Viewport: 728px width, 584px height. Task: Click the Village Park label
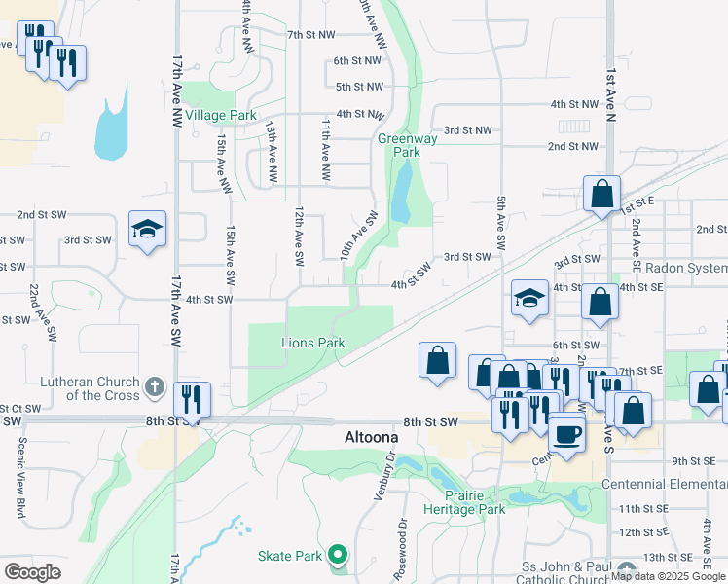click(x=221, y=115)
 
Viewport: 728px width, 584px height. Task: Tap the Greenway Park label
click(x=399, y=145)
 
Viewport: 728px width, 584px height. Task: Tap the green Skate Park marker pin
click(x=338, y=555)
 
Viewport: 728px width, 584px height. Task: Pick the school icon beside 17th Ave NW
click(x=148, y=230)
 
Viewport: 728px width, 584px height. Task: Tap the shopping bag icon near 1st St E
click(x=602, y=194)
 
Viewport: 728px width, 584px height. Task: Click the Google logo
click(x=32, y=572)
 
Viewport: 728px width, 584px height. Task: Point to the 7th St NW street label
click(x=310, y=35)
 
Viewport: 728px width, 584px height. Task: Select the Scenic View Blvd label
click(x=20, y=476)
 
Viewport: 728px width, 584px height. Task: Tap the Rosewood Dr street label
click(x=400, y=550)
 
